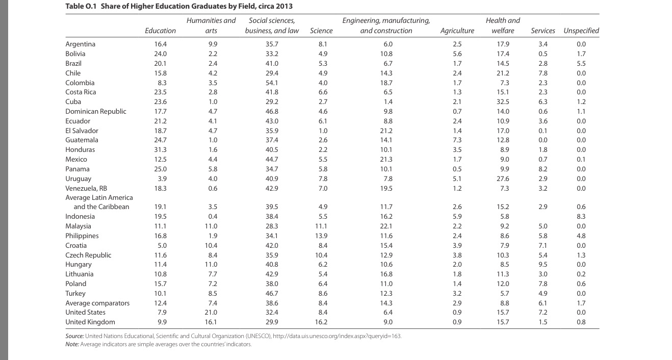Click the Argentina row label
point(80,44)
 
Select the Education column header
point(160,31)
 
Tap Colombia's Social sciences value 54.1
point(272,83)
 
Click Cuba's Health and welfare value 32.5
point(503,101)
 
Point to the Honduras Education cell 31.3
point(161,150)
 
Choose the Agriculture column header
point(457,31)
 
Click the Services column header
point(542,31)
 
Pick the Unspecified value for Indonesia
point(581,217)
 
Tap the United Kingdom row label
point(90,322)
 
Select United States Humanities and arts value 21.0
point(211,312)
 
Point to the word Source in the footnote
point(74,337)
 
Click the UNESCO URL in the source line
point(337,337)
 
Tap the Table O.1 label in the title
point(81,6)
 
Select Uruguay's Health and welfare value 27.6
point(503,179)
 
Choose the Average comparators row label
point(97,303)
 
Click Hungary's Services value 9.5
point(542,265)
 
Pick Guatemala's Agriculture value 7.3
point(457,140)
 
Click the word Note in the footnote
point(72,344)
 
